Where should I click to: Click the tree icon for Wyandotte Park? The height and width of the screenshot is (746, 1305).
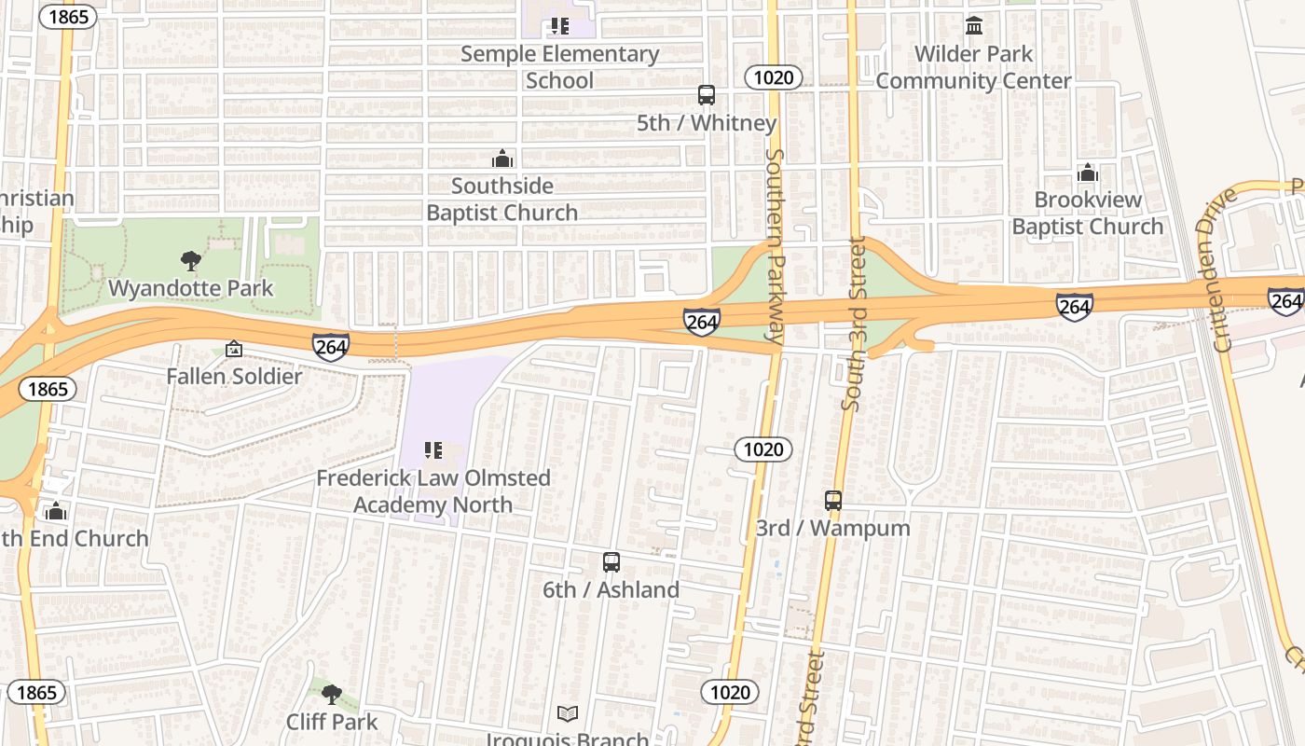tap(191, 261)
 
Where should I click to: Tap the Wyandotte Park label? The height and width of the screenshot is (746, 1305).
tap(191, 288)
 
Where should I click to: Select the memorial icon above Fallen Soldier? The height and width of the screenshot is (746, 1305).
tap(234, 350)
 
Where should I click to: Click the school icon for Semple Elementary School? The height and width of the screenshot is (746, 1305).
tap(559, 26)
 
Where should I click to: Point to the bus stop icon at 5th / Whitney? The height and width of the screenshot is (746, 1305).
tap(707, 95)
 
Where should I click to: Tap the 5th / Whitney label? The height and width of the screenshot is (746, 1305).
tap(707, 123)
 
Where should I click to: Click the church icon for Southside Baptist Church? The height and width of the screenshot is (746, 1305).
tap(502, 159)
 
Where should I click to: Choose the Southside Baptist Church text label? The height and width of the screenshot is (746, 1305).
tap(502, 200)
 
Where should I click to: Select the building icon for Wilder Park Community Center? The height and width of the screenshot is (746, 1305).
tap(974, 26)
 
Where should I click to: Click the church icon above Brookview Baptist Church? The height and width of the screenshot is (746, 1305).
tap(1087, 173)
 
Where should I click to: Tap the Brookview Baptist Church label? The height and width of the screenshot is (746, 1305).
tap(1087, 214)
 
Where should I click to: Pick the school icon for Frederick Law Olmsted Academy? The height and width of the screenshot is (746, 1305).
tap(433, 451)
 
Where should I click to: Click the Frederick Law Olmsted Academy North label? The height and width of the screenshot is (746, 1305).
tap(433, 491)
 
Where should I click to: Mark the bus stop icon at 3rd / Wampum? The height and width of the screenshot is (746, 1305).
tap(833, 501)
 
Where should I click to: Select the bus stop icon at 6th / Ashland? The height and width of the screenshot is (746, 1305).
tap(611, 562)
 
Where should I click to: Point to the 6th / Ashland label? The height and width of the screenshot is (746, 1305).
tap(611, 590)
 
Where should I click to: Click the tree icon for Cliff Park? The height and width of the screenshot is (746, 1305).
tap(331, 694)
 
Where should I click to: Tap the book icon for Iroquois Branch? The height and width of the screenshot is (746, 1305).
tap(568, 714)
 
